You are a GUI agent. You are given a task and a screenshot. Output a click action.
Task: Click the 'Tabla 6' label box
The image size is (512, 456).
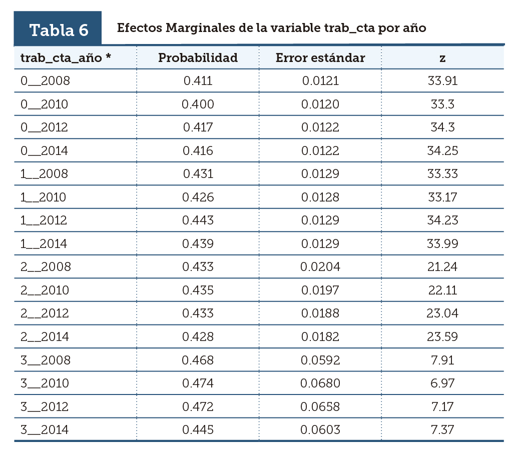point(58,29)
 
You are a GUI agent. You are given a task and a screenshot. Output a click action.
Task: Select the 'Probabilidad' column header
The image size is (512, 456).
point(198,57)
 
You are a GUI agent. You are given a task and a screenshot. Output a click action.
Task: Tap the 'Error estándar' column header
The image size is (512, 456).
point(320,57)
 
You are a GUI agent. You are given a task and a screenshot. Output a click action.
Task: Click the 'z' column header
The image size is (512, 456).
point(442,58)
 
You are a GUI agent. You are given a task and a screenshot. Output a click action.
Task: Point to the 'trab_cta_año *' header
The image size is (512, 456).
point(66,57)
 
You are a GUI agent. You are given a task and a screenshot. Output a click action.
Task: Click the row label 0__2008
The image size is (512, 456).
point(45,81)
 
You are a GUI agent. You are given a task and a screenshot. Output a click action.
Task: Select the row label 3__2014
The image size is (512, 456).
point(45,429)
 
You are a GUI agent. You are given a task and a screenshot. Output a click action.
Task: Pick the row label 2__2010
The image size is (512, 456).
point(45,290)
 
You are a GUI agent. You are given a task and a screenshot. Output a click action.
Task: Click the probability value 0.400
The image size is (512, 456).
point(198,104)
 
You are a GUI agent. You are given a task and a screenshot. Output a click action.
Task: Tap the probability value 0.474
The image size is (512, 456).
point(198,383)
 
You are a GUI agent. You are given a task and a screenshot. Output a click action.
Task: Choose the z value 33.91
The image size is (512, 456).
point(442,81)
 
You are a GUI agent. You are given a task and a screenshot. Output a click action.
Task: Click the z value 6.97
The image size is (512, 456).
point(442,383)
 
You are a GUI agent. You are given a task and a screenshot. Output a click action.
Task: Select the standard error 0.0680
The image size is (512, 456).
point(320,383)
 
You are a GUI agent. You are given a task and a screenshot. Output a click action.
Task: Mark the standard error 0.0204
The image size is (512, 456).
point(320,267)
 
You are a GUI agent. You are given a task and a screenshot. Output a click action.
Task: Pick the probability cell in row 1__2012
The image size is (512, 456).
point(198,220)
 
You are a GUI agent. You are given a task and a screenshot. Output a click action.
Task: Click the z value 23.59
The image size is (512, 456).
point(442,336)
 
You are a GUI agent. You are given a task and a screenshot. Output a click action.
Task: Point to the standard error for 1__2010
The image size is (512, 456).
point(320,197)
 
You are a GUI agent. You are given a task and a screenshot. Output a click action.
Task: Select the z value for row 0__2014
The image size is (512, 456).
point(442,150)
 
